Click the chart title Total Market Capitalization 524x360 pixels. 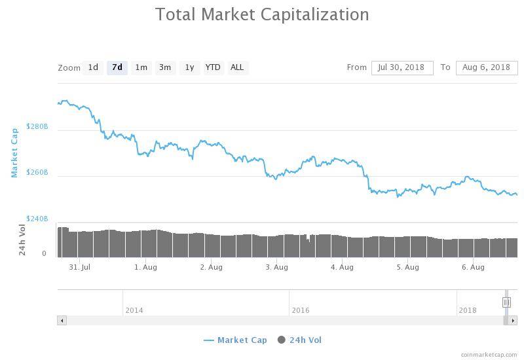coord(262,14)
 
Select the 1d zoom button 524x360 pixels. coord(93,67)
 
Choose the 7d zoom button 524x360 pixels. coord(117,67)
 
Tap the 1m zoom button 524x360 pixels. coord(141,67)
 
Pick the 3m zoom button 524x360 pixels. coord(165,67)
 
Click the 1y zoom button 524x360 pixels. coord(189,67)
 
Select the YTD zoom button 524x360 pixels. coord(213,67)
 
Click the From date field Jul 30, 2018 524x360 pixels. coord(402,67)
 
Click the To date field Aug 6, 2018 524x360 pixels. coord(486,67)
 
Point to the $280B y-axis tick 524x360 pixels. coord(37,126)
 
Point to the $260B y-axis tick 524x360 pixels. coord(37,173)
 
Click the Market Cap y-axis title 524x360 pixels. coord(14,153)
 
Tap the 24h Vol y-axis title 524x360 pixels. coord(22,240)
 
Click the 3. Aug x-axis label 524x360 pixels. coord(276,267)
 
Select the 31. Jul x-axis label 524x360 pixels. coord(79,267)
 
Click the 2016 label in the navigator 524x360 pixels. coord(301,310)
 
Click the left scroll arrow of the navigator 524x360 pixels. coord(62,321)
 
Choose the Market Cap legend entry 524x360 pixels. coord(236,340)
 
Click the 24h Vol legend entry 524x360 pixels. coord(300,340)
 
